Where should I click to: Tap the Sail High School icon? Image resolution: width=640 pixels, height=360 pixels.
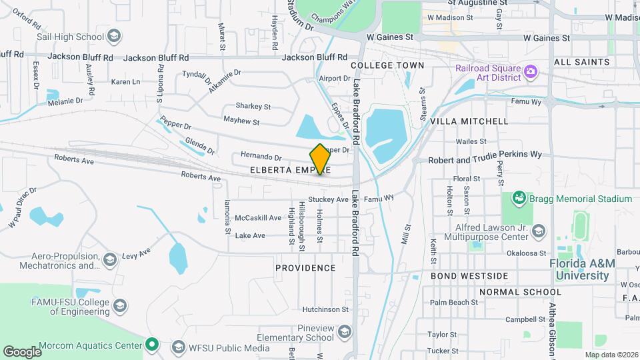[x=114, y=36]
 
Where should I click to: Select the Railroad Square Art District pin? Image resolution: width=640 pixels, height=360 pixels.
[x=531, y=71]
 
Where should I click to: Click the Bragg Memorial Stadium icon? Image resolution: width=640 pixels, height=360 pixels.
[x=519, y=198]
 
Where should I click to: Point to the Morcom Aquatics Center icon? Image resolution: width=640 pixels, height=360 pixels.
[x=152, y=345]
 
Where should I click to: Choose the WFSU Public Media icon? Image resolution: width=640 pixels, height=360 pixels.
[x=177, y=347]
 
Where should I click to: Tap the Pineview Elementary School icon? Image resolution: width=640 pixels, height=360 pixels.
[x=345, y=332]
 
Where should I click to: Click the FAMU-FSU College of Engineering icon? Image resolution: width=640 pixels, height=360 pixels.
[x=120, y=306]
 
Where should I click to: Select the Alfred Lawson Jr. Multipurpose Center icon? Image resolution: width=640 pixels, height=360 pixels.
[x=539, y=231]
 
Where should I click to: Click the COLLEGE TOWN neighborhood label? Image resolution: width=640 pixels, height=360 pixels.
[x=387, y=65]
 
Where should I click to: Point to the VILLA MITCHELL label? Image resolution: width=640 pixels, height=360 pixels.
[x=469, y=121]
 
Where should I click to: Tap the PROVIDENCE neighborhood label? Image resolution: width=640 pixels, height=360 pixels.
[x=305, y=268]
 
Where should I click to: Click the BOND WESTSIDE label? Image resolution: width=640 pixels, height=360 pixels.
[x=469, y=276]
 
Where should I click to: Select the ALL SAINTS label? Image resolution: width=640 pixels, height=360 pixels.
[x=581, y=62]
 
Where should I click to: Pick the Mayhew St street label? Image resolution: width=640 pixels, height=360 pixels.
[x=241, y=121]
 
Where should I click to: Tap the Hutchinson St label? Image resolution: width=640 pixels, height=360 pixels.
[x=325, y=309]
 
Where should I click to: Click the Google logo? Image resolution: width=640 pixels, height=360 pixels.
[x=22, y=351]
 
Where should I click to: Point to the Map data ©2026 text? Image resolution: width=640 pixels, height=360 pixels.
[x=611, y=355]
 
